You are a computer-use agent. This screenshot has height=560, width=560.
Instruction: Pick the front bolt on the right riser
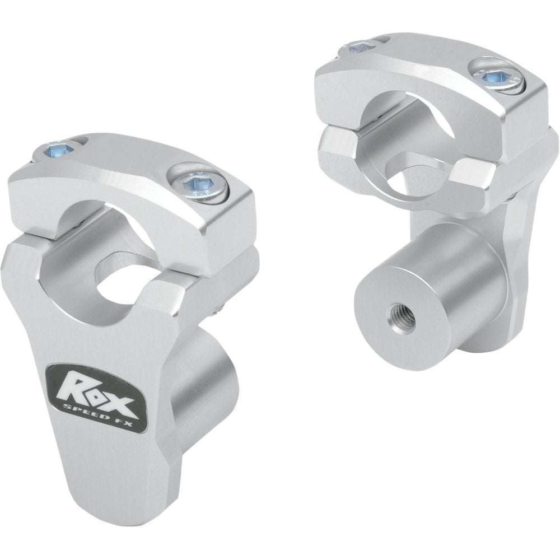(497, 74)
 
